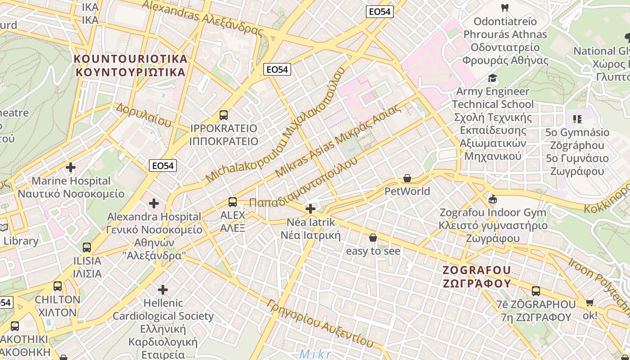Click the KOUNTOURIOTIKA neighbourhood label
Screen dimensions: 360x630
point(130,65)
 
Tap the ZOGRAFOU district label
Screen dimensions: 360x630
point(477,276)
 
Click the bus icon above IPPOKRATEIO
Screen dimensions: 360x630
point(224,115)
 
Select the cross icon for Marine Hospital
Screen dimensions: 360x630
point(71,167)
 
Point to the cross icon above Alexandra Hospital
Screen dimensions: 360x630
point(154,203)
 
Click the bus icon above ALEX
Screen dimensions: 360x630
point(233,202)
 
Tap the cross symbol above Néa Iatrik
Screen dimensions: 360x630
point(310,209)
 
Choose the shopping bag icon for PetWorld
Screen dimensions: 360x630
point(407,178)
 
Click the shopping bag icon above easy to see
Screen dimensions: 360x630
point(373,238)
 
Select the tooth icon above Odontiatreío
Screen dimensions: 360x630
point(504,8)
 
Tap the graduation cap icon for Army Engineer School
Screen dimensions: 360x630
point(492,78)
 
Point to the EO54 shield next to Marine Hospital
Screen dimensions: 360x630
point(162,166)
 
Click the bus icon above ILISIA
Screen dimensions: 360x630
point(87,247)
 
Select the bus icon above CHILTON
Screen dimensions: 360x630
point(58,286)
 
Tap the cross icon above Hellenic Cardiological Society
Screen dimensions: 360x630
point(163,289)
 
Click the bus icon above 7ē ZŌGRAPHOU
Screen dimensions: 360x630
point(535,291)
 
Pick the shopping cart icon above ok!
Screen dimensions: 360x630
point(589,303)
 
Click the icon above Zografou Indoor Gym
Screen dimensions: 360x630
point(493,199)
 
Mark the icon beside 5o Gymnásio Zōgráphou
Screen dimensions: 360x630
point(577,119)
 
